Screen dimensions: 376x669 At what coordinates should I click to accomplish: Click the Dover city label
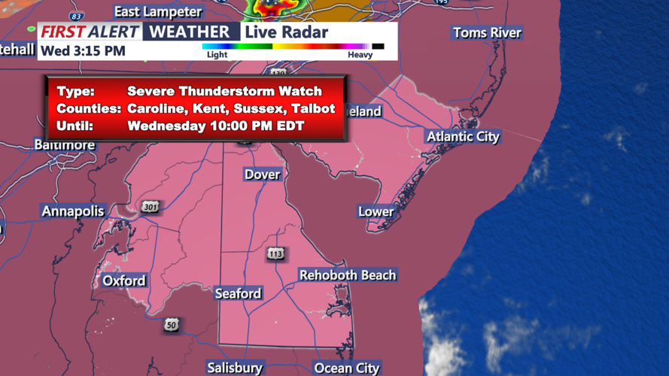point(262,174)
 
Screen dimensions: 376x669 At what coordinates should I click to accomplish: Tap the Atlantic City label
point(463,137)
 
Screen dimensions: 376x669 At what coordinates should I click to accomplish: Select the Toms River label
point(487,33)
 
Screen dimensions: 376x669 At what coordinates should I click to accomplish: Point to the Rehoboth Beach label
point(347,275)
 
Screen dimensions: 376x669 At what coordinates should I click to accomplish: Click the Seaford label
point(238,293)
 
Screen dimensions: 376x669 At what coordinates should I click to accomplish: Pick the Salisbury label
point(235,368)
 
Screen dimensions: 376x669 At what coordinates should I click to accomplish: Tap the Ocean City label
point(347,368)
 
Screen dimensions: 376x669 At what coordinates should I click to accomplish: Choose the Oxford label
point(124,280)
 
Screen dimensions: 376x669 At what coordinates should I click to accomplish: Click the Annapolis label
point(73,211)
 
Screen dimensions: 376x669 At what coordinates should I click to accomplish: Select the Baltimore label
point(65,145)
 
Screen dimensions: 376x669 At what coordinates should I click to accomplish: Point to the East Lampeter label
point(158,12)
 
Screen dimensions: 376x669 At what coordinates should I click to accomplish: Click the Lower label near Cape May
point(376,211)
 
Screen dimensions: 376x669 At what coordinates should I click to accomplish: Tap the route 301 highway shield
point(151,208)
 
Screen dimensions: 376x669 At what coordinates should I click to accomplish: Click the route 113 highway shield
point(275,254)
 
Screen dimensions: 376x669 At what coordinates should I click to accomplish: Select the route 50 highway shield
point(172,326)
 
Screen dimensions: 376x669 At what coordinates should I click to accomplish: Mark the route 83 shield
point(76,17)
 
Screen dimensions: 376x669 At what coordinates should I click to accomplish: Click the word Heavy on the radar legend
point(360,55)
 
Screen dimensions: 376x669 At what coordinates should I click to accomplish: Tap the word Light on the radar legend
point(217,55)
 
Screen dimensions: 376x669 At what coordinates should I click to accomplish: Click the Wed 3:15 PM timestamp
point(83,51)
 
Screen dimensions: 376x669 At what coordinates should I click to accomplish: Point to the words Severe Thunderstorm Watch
point(224,91)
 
